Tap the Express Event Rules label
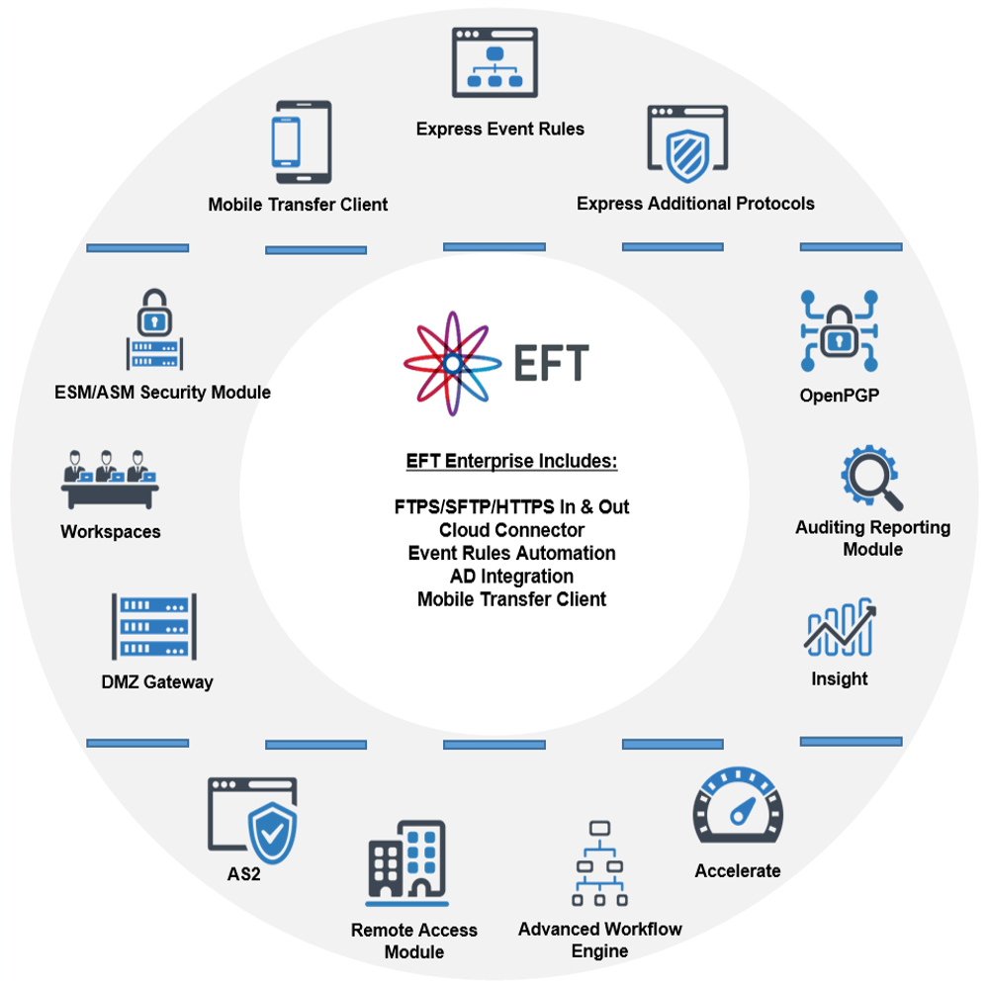coord(499,129)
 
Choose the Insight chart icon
coord(839,627)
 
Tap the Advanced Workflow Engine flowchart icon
coord(599,862)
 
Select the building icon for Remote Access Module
coord(406,862)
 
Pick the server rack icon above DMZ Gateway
coord(153,627)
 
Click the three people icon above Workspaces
coord(110,478)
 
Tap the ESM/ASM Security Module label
coord(162,393)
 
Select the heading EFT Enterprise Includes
coord(511,462)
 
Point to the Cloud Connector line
coord(511,530)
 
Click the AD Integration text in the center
coord(511,576)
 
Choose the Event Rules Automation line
coord(511,553)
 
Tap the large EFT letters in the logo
coord(551,363)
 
